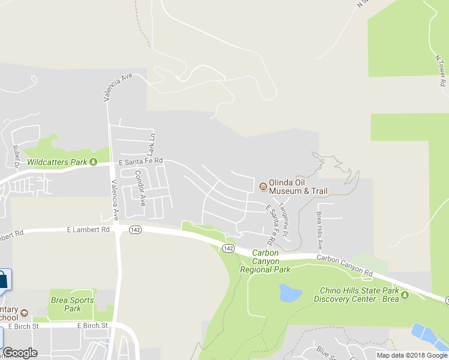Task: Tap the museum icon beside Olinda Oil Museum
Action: click(x=263, y=187)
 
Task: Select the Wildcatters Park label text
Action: click(x=58, y=162)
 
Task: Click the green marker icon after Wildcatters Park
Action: click(x=93, y=162)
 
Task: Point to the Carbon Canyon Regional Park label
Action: click(x=265, y=262)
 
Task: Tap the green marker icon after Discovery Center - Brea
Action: click(x=405, y=295)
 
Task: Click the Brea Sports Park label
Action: click(x=73, y=304)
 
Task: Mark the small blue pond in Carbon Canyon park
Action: click(x=290, y=293)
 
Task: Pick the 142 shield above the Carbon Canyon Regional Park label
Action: click(x=228, y=248)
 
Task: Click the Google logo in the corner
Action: click(x=20, y=353)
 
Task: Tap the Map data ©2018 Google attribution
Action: click(x=412, y=355)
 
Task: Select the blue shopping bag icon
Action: click(x=4, y=280)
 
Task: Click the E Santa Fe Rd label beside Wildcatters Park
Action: click(x=141, y=161)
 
